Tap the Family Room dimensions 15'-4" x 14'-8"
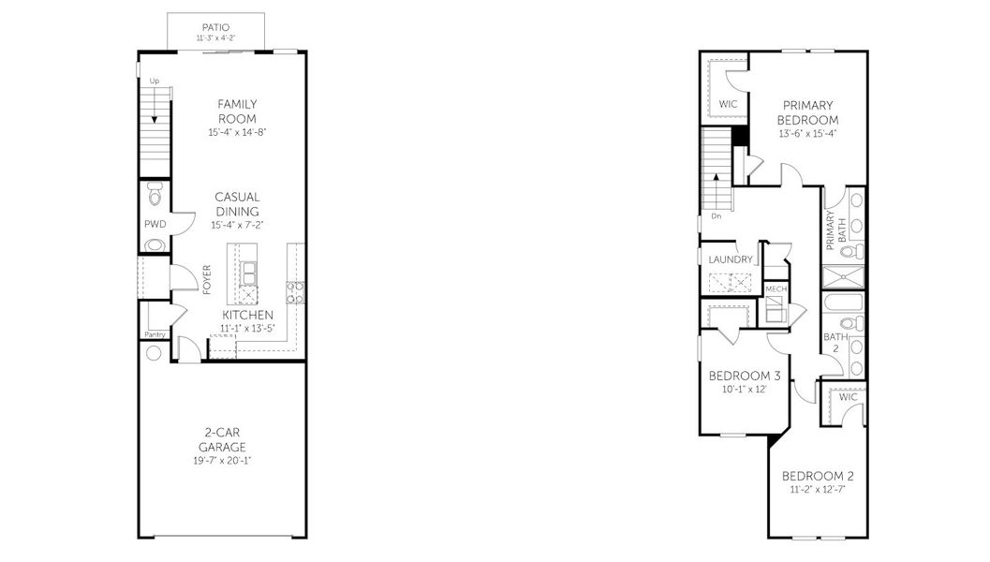point(237,133)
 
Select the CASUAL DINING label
point(237,204)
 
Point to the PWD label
point(155,224)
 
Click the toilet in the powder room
point(155,195)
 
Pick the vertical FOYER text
point(207,280)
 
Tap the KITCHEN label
point(247,315)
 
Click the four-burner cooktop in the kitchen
point(295,292)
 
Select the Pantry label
point(155,334)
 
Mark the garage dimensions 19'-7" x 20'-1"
point(222,461)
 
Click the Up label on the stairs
point(154,81)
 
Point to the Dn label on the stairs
point(716,216)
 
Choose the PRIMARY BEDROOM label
point(807,113)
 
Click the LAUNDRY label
point(731,259)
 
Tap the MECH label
point(776,289)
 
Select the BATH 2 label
point(835,342)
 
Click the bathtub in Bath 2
point(843,302)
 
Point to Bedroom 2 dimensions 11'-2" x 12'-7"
point(818,490)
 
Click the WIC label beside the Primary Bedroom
point(728,104)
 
